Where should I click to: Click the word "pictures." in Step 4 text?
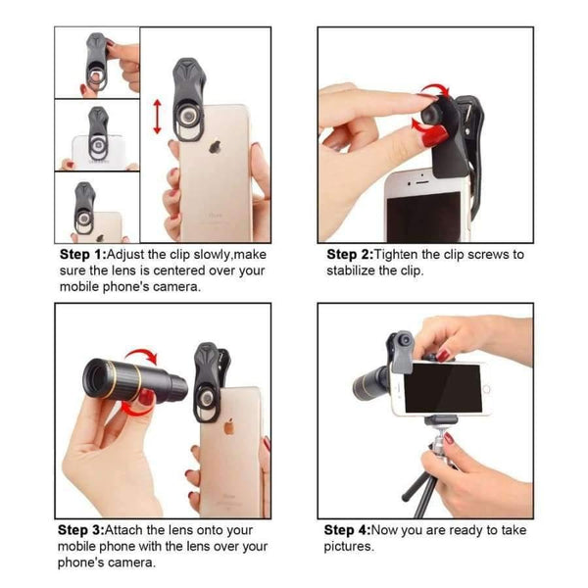tap(349, 546)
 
